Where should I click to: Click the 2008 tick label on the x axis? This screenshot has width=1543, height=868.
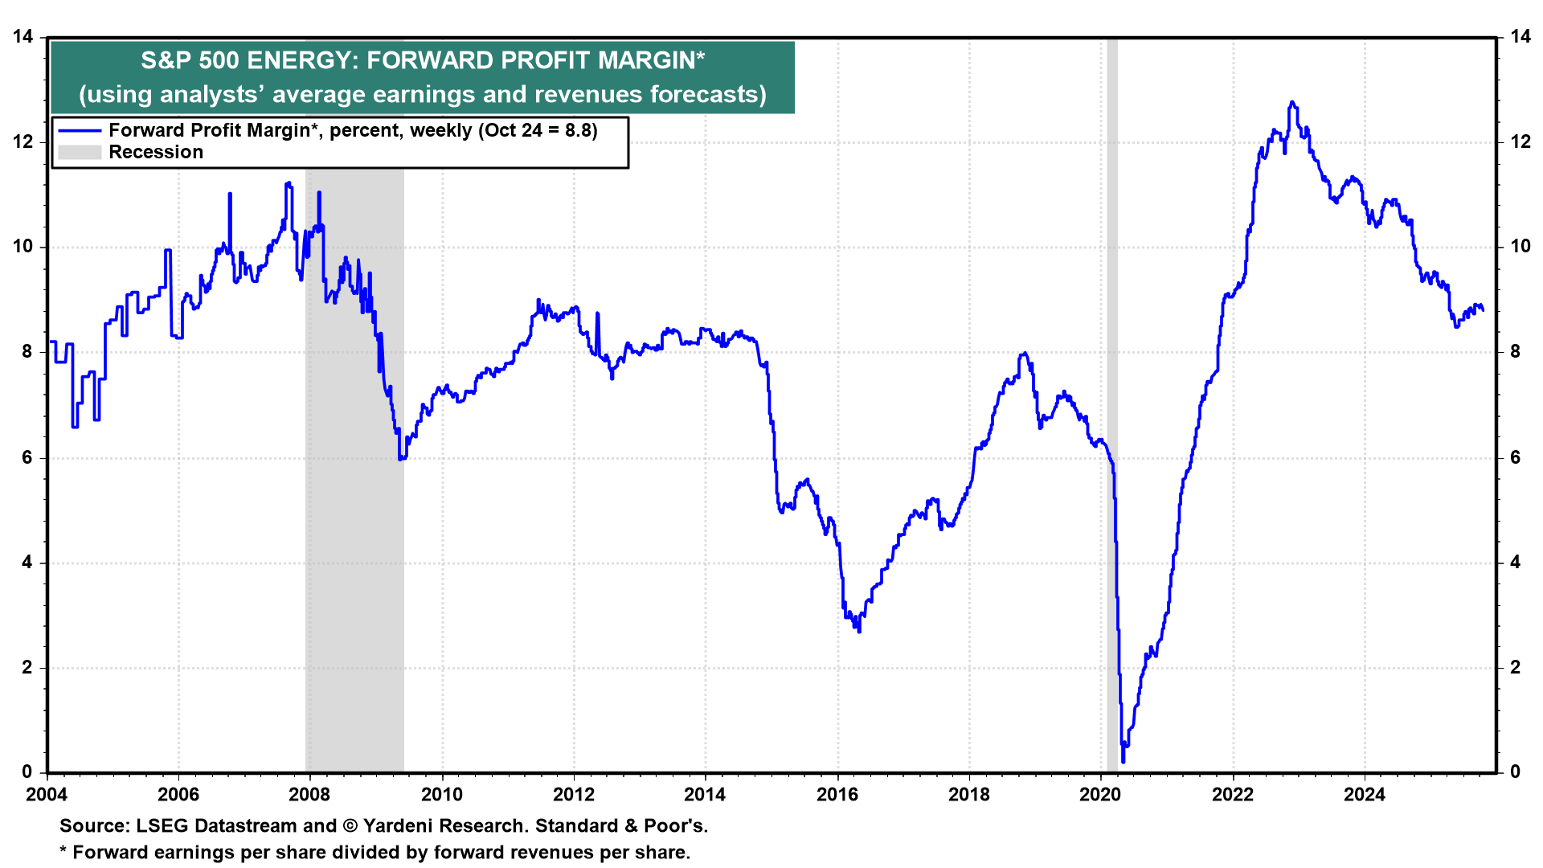tap(309, 795)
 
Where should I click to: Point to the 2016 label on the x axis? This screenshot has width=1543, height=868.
tap(837, 795)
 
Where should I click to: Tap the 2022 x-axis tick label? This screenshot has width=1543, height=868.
tap(1232, 795)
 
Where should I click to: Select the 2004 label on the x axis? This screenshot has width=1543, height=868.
tap(47, 795)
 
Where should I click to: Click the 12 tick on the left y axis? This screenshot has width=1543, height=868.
tap(23, 142)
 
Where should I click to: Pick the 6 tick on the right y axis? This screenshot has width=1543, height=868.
tap(1515, 457)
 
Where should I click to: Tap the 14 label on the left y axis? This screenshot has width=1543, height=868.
tap(23, 37)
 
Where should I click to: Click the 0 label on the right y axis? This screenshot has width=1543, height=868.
tap(1515, 772)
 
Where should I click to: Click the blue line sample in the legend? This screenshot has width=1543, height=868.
tap(80, 130)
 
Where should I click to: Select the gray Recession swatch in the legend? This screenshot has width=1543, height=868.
tap(80, 152)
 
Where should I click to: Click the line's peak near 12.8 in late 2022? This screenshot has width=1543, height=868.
tap(1291, 102)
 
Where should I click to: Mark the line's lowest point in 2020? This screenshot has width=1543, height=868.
tap(1123, 761)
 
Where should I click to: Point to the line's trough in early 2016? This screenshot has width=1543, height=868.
tap(859, 632)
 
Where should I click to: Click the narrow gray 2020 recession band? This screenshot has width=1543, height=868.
tap(1112, 402)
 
